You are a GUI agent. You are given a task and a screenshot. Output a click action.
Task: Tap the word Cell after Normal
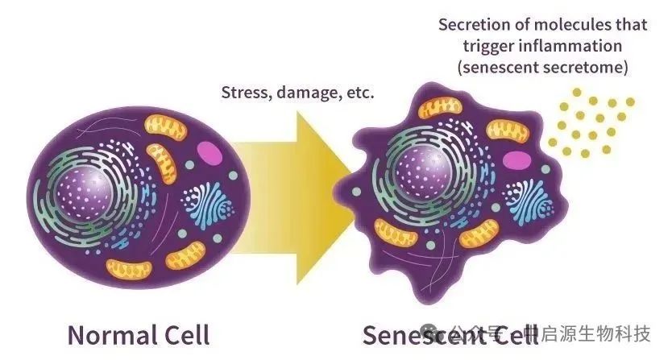tap(184, 334)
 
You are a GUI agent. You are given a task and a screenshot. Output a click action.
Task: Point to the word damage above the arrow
tap(307, 93)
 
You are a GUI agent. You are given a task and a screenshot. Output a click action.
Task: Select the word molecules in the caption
tap(581, 24)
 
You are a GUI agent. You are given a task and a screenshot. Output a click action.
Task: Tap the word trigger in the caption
tap(486, 46)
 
